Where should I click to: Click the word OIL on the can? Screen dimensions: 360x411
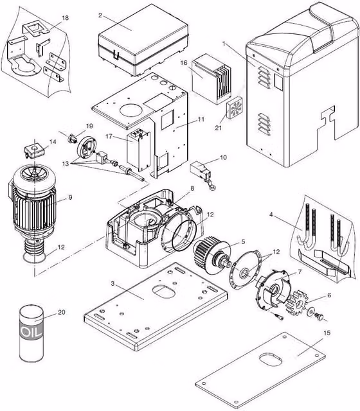point(31,332)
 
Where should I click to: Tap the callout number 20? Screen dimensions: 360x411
point(62,312)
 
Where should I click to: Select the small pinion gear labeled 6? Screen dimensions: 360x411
point(298,303)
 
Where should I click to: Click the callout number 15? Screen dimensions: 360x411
point(327,333)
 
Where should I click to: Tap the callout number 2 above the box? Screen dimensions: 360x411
point(100,15)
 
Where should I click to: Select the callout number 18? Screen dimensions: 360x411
point(65,18)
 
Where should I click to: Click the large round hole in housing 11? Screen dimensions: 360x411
point(131,110)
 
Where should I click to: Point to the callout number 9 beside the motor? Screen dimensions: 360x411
point(70,197)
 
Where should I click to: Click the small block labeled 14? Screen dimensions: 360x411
point(35,152)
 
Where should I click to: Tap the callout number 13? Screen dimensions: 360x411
point(66,164)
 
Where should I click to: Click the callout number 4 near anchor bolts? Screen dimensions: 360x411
point(271,214)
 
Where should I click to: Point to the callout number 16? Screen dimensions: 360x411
point(184,63)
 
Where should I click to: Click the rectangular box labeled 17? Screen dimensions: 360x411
point(139,152)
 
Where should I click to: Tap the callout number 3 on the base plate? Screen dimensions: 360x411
point(113,284)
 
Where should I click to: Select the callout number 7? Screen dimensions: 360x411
point(300,272)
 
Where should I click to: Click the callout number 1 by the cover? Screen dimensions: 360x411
point(224,44)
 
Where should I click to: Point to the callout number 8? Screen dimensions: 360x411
point(192,188)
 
